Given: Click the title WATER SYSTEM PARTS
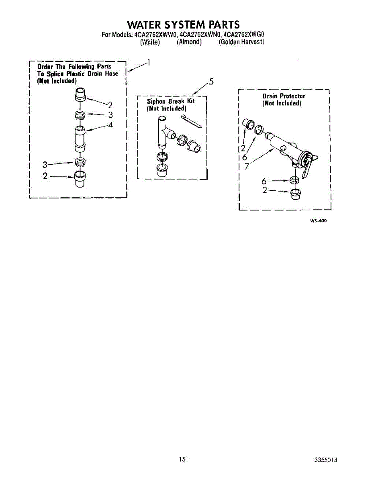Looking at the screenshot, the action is pos(183,25).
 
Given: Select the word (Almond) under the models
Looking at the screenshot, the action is pos(189,42).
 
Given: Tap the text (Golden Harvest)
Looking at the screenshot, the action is pos(241,42).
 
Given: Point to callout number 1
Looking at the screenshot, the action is pos(149,63).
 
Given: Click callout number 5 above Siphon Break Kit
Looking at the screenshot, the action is pos(211,82).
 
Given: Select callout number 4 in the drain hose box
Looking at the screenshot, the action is pos(110,125).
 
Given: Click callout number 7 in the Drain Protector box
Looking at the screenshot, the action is pos(247,166).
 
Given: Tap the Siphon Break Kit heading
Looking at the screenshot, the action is pos(171,101).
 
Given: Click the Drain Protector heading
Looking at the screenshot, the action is pos(284,96).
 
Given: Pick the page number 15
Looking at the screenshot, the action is pos(183,459).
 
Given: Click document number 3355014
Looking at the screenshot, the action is pos(326,460).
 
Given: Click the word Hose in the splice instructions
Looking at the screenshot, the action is pos(112,74).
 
